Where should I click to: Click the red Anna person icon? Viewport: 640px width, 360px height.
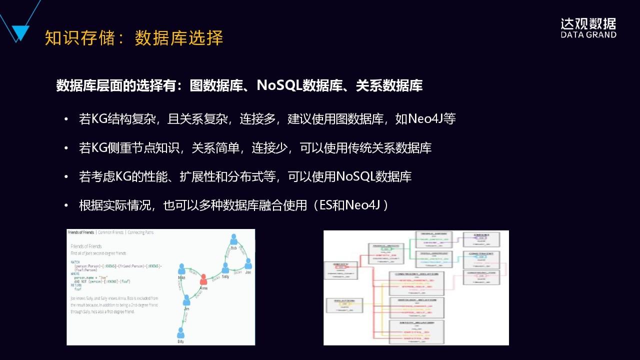pos(203,279)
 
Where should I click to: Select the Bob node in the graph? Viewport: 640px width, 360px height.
pos(233,239)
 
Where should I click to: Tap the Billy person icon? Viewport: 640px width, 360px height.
pos(180,332)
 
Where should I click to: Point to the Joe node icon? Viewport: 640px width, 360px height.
pos(248,263)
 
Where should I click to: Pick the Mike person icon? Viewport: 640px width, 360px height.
pos(181,268)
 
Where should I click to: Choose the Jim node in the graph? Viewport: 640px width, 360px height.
pos(186,300)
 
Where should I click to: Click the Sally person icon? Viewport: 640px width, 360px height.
pos(225,268)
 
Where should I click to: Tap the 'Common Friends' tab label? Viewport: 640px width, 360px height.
pos(110,232)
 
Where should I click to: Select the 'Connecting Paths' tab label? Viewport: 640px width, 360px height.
pos(140,232)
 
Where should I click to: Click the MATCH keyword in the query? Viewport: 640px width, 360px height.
pos(75,261)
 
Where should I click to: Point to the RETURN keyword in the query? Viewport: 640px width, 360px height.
pos(76,285)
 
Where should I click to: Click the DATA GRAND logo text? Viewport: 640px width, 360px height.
pos(588,35)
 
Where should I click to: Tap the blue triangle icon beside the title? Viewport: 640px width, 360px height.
pos(20,33)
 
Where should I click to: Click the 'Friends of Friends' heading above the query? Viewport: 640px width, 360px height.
pos(86,246)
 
